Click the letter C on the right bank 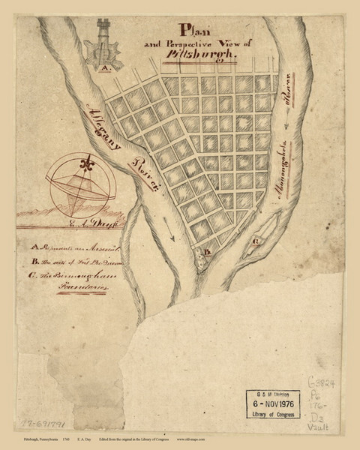coord(256,241)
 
